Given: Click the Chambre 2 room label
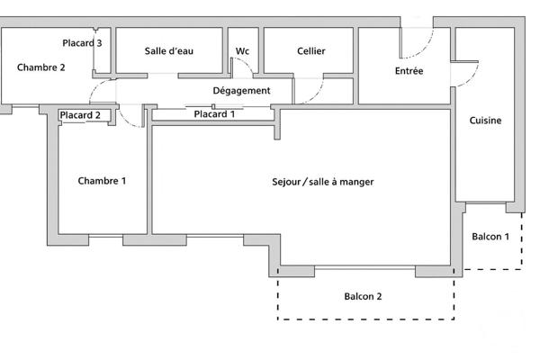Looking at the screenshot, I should pos(41,67).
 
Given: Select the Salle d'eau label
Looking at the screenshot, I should pos(169,51).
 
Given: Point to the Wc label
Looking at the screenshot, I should pos(242,51).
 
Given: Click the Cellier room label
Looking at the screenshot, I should pos(310,51).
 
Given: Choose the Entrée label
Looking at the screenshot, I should pos(409,71).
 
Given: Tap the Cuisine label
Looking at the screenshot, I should pos(486,121).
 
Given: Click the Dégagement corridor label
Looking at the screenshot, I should pos(241,91).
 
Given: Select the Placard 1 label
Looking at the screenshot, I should pos(214,113).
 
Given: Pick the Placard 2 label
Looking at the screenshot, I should pos(79,114).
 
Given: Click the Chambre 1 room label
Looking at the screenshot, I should pos(102,181).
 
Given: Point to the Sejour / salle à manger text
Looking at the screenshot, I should pos(322,182).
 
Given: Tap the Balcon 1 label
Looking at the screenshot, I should pos(491,237).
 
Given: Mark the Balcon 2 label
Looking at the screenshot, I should pos(363,296).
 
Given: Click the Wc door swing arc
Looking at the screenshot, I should pos(241,70).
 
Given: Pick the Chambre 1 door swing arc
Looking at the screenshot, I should pos(133,117).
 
